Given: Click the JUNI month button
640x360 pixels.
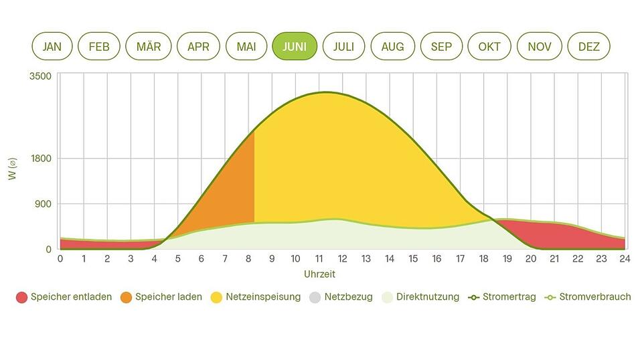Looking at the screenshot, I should point(295,46).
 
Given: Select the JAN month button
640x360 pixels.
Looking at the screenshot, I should point(52,46).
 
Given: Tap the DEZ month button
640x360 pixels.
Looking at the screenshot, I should point(588,46).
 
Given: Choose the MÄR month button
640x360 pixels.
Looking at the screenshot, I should point(149,46).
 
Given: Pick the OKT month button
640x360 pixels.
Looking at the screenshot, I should point(489,46).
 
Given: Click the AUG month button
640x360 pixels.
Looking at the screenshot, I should point(392,46).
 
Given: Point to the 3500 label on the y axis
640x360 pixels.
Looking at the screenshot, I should point(40,76).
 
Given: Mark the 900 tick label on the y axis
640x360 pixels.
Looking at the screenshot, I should point(43,204).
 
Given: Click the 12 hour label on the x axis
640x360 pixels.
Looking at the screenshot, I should point(342,259).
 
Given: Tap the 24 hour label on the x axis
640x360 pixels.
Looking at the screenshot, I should point(625,259).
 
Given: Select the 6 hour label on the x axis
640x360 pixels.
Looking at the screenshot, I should point(202,259).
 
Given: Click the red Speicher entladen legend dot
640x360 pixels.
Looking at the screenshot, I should point(21,297).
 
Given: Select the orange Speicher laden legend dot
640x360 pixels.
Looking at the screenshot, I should point(126,297).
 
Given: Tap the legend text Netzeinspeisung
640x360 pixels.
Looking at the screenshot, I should point(262,297).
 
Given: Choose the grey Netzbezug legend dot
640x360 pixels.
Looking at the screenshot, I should point(315,297).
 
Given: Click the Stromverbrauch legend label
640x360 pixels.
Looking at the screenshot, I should point(594,297).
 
